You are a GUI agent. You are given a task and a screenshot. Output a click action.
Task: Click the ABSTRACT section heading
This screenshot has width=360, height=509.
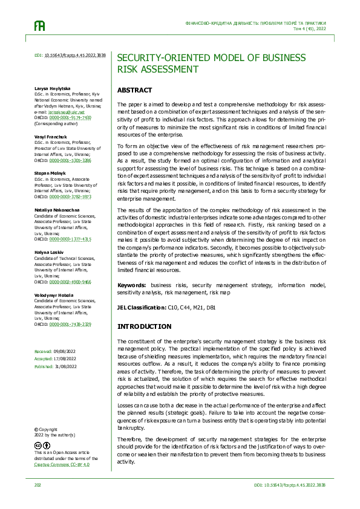tap(134, 90)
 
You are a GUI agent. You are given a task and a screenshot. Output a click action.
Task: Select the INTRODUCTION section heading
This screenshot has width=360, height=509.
tap(144, 326)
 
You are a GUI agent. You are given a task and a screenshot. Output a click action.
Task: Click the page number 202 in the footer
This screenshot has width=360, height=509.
tap(38, 485)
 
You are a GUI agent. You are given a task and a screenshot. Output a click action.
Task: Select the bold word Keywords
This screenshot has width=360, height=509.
tap(133, 285)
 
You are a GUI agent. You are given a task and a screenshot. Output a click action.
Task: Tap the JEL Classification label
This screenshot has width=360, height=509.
tap(141, 308)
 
